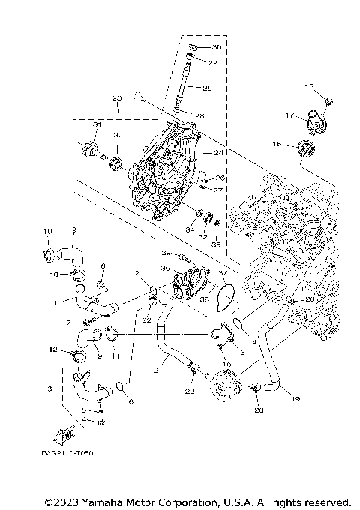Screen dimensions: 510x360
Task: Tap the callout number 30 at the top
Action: coord(207,47)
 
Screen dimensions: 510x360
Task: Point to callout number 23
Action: coord(116,98)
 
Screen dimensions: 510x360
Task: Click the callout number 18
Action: coord(308,87)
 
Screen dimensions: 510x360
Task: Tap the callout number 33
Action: coord(117,135)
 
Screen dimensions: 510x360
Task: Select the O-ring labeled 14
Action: coord(237,324)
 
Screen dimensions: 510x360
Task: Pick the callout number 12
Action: coord(53,349)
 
